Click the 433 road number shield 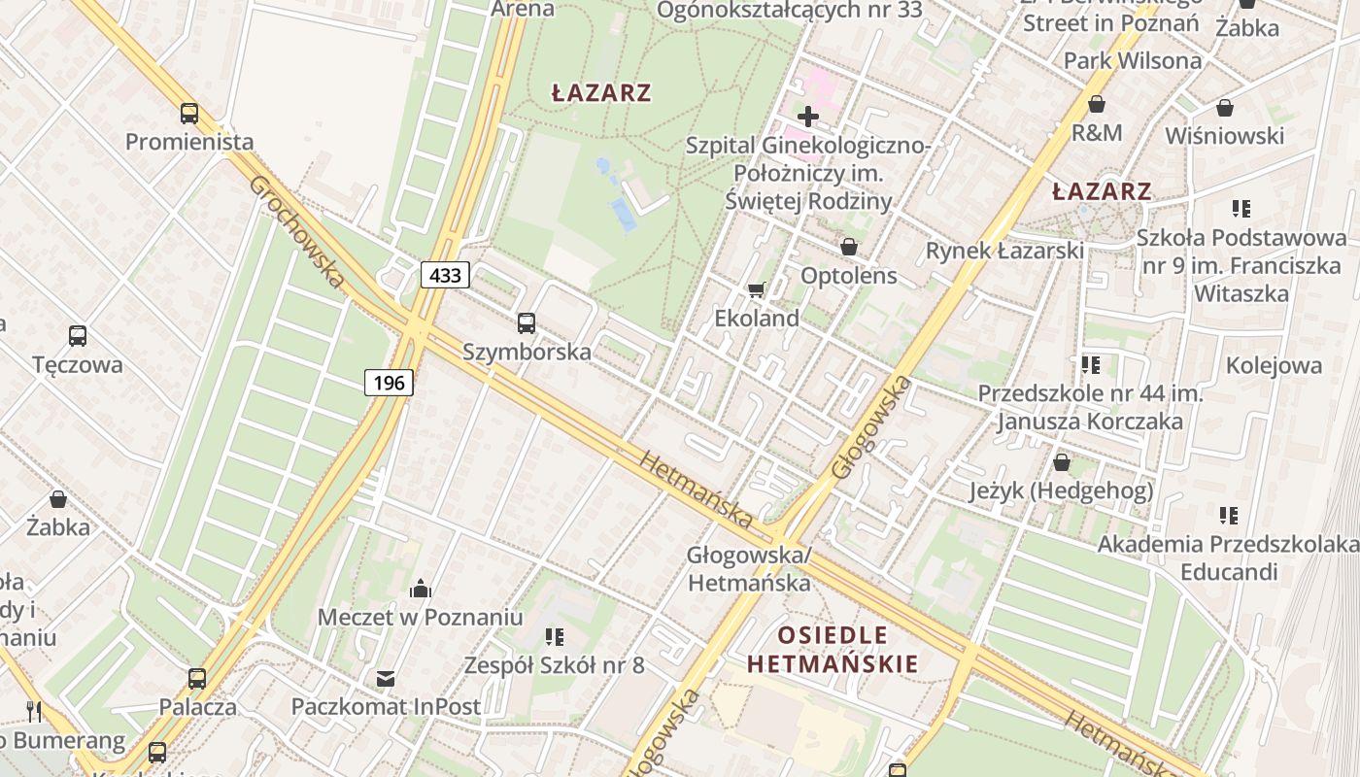pos(446,275)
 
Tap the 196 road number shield pos(390,383)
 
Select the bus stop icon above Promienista pos(189,114)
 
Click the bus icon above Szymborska pos(527,323)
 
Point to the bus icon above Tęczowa pos(78,336)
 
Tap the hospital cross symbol pos(807,118)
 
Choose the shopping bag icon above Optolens pos(849,248)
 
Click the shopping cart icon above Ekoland pos(757,289)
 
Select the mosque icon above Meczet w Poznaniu pos(421,588)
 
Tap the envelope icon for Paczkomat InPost pos(386,678)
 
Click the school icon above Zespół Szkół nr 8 pos(555,637)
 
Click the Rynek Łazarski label pos(1004,251)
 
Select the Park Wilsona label pos(1133,60)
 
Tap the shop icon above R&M pos(1097,104)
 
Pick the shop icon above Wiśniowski pos(1225,108)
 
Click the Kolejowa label pos(1274,365)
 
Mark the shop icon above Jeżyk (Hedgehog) pos(1062,462)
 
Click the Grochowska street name pos(296,231)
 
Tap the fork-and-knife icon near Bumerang pos(34,711)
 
